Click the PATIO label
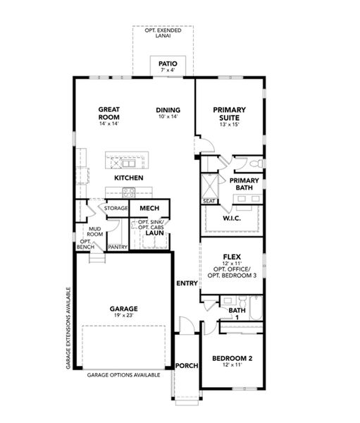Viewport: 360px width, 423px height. [168, 64]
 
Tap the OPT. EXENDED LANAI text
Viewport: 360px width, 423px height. [163, 33]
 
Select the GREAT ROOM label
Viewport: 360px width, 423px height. [109, 114]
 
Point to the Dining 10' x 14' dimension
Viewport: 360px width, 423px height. [168, 116]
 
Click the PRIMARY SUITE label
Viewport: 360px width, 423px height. [229, 114]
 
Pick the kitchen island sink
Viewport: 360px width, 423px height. [128, 164]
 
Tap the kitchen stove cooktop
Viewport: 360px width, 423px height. [129, 192]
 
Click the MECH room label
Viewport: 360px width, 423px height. [149, 208]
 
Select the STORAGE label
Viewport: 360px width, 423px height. [116, 208]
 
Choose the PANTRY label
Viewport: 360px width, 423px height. [118, 247]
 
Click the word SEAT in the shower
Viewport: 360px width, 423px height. [209, 201]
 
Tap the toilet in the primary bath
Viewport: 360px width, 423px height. [256, 164]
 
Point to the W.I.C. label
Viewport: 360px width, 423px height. [232, 219]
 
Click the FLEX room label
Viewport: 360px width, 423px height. [232, 257]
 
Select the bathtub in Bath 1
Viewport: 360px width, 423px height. [256, 308]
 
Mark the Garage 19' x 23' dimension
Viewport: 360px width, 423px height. [123, 315]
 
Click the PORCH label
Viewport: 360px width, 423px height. [187, 366]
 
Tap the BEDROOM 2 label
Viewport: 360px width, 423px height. [232, 358]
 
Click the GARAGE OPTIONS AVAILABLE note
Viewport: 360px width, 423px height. [123, 375]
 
